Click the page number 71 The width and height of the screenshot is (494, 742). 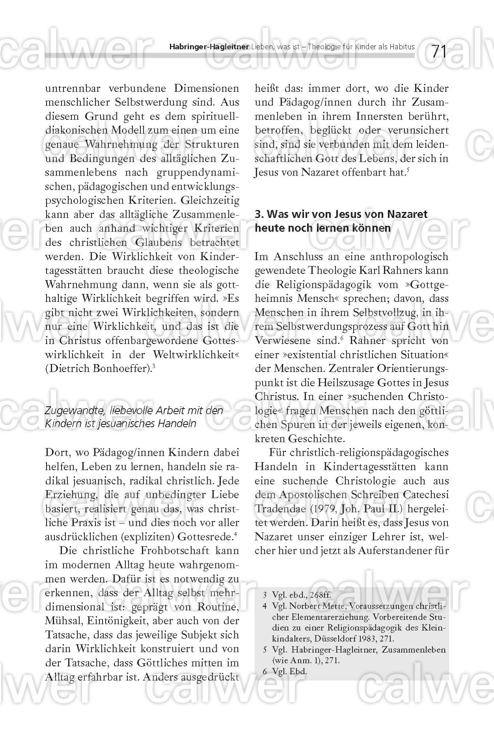click(x=438, y=52)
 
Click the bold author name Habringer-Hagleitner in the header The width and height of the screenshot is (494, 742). click(x=209, y=47)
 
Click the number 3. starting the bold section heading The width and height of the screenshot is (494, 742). click(x=259, y=214)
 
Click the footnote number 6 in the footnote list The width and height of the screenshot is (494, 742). click(x=265, y=672)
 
